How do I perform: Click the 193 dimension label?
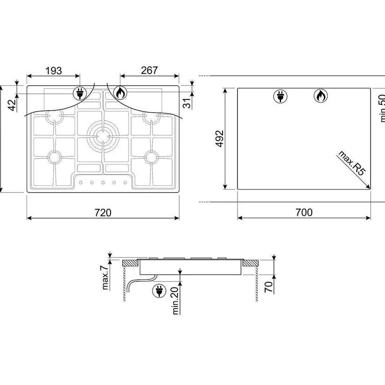(54, 71)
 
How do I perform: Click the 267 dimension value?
(149, 70)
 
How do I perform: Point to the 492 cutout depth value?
(220, 139)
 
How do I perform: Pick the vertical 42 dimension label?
(12, 105)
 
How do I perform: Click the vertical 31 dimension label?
(187, 104)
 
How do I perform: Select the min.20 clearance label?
(175, 301)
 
